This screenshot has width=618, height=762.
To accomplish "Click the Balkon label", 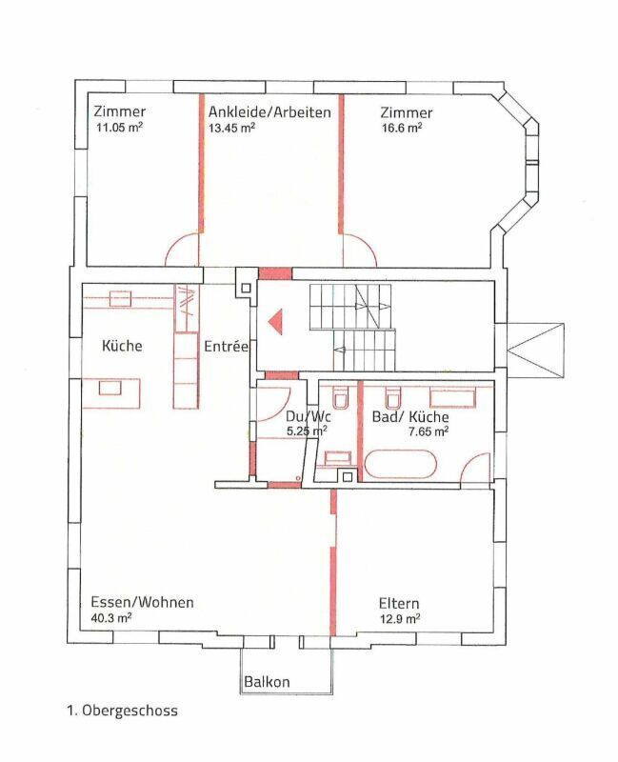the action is pyautogui.click(x=267, y=681).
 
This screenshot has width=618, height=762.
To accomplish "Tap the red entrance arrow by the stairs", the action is pyautogui.click(x=275, y=322).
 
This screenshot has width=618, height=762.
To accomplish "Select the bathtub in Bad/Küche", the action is pyautogui.click(x=401, y=464).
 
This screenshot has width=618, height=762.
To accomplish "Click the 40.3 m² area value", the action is pyautogui.click(x=111, y=617).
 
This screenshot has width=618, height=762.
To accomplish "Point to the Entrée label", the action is pyautogui.click(x=226, y=347).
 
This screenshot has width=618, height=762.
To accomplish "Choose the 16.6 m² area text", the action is pyautogui.click(x=401, y=128).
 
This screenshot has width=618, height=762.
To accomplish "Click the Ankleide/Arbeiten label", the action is pyautogui.click(x=269, y=112).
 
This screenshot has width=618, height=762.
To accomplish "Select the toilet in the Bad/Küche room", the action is pyautogui.click(x=392, y=397).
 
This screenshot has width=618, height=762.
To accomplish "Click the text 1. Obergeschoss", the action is pyautogui.click(x=123, y=711).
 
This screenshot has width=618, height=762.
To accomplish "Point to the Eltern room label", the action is pyautogui.click(x=399, y=603).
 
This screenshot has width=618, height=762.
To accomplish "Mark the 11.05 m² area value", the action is pyautogui.click(x=120, y=128).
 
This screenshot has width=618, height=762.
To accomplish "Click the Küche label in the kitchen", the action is pyautogui.click(x=122, y=346).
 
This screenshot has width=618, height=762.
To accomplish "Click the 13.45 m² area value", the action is pyautogui.click(x=231, y=128).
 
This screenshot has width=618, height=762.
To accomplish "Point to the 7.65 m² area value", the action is pyautogui.click(x=429, y=431).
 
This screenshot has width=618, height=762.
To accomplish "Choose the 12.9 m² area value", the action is pyautogui.click(x=399, y=618).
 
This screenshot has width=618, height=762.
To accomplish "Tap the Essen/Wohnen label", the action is pyautogui.click(x=142, y=602).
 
